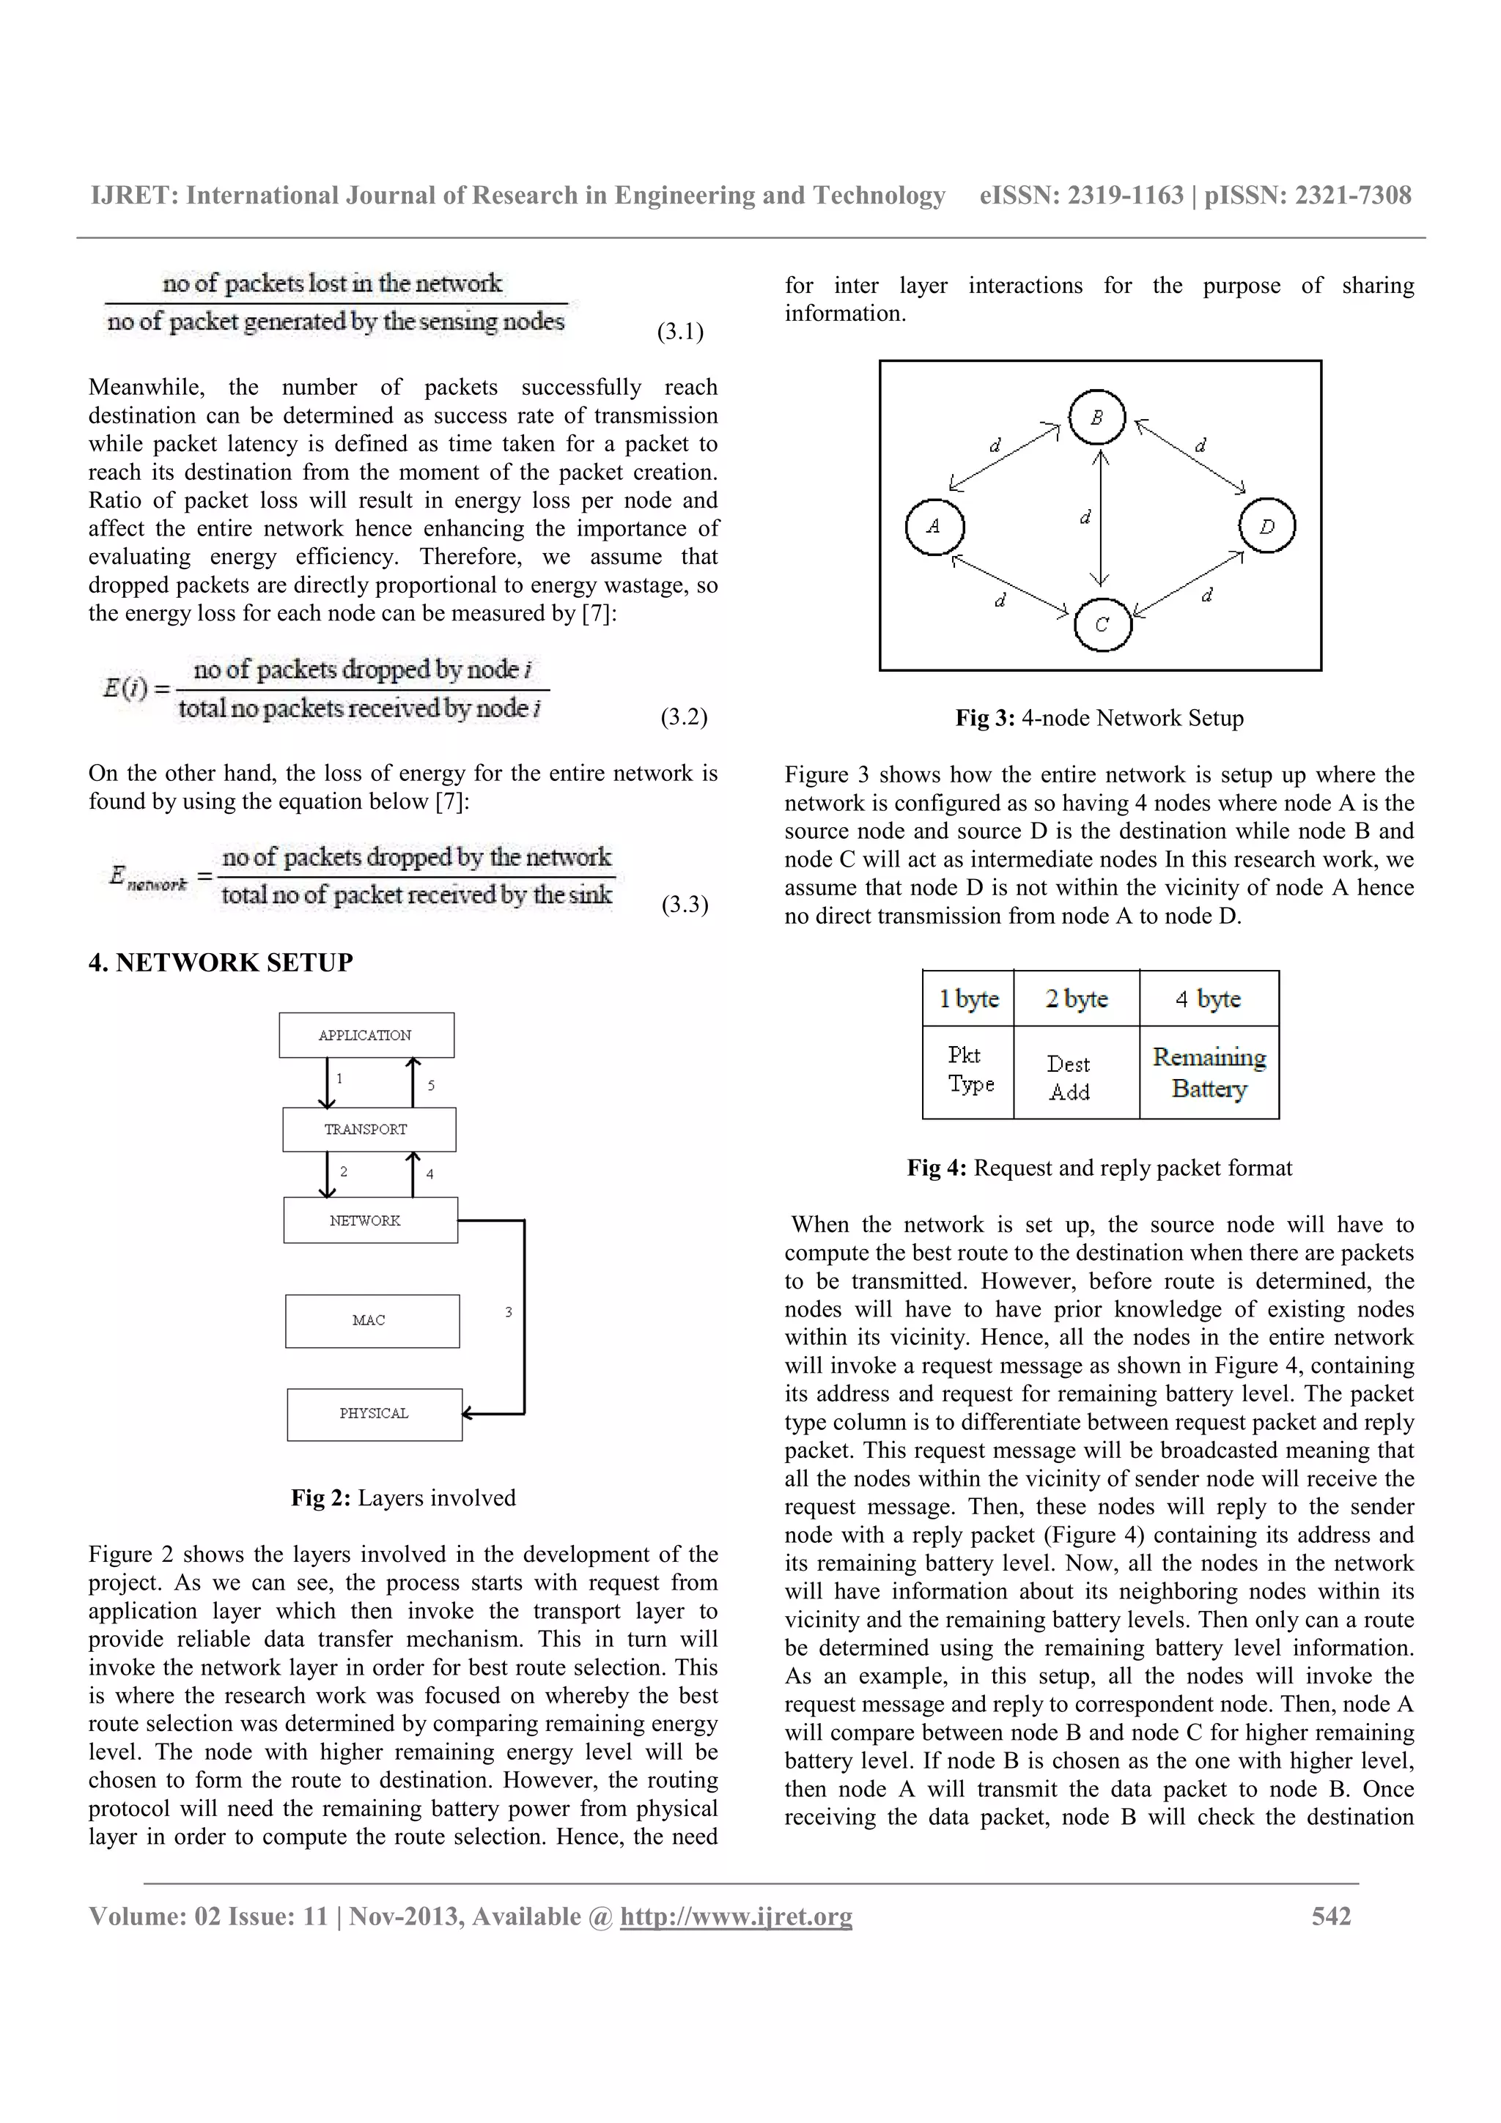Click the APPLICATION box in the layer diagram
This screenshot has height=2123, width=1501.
[366, 1034]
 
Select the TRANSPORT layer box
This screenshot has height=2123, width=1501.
[368, 1129]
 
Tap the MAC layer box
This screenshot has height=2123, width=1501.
[372, 1320]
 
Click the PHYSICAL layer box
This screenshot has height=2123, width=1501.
[374, 1414]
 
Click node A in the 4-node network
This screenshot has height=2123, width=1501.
[934, 526]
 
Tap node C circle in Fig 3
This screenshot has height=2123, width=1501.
[1102, 625]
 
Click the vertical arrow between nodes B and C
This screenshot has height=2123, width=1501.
[1099, 518]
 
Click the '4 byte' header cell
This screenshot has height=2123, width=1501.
[1208, 998]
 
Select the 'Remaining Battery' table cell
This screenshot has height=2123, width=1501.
[1209, 1072]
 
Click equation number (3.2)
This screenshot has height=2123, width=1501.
[684, 716]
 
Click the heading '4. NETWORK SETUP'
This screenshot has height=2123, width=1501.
[220, 963]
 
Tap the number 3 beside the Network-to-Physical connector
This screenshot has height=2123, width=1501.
[508, 1311]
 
